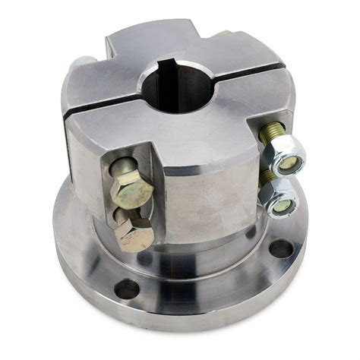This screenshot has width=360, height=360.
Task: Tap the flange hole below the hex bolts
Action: point(127,289)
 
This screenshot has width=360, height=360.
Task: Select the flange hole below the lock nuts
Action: point(281,248)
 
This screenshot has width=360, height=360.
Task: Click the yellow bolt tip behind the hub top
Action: point(222,33)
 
